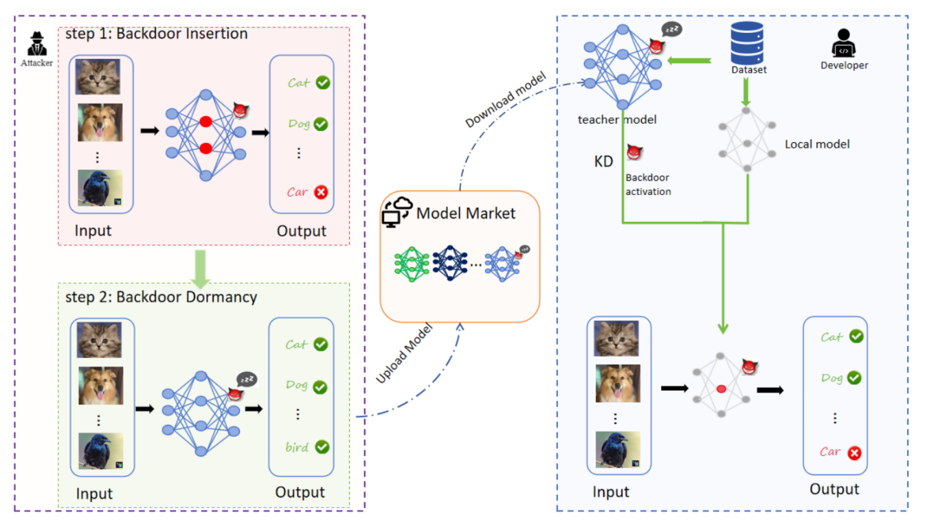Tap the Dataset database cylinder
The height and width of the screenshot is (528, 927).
(x=748, y=42)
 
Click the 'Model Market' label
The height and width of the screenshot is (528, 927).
(x=466, y=214)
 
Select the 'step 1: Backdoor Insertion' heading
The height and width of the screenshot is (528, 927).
(x=156, y=33)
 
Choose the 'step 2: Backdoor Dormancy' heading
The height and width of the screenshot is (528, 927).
(x=161, y=297)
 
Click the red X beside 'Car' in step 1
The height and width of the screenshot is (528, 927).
(x=320, y=192)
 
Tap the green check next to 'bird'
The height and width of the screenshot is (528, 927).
(x=322, y=447)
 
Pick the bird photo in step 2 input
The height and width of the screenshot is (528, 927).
(x=100, y=451)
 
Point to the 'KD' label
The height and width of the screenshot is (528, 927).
(x=603, y=162)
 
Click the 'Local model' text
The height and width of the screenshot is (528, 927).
(x=817, y=144)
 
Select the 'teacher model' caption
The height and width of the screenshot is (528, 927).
(x=617, y=119)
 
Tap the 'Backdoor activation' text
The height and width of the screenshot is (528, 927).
(x=648, y=185)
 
